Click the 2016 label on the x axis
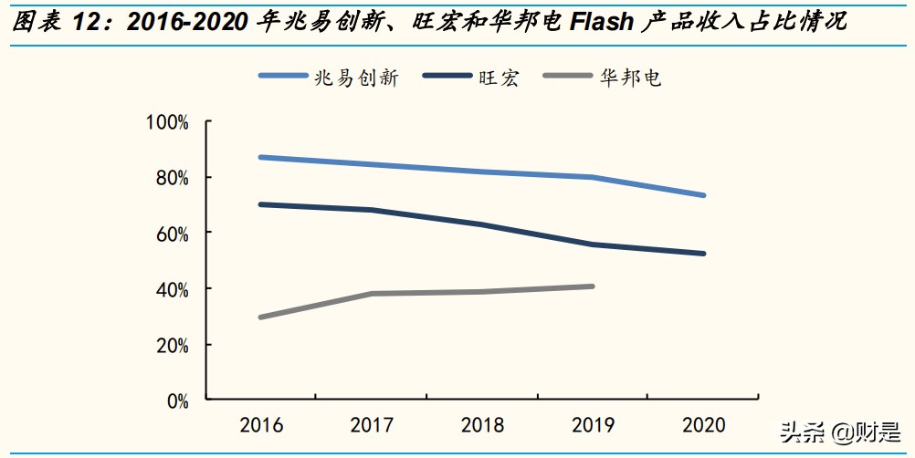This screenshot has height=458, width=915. (x=261, y=425)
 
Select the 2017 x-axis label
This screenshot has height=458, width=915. (x=372, y=425)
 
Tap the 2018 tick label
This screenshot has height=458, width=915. (x=482, y=425)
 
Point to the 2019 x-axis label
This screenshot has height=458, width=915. (x=593, y=425)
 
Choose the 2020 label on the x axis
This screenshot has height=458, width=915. (x=703, y=425)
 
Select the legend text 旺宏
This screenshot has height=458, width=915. (x=499, y=78)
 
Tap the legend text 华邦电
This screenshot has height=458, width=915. (x=630, y=78)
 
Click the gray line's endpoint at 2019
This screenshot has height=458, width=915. (x=593, y=286)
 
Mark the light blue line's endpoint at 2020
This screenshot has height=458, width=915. (x=703, y=195)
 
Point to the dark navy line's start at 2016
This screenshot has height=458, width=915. (x=261, y=204)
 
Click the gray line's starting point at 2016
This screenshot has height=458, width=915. (x=261, y=317)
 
